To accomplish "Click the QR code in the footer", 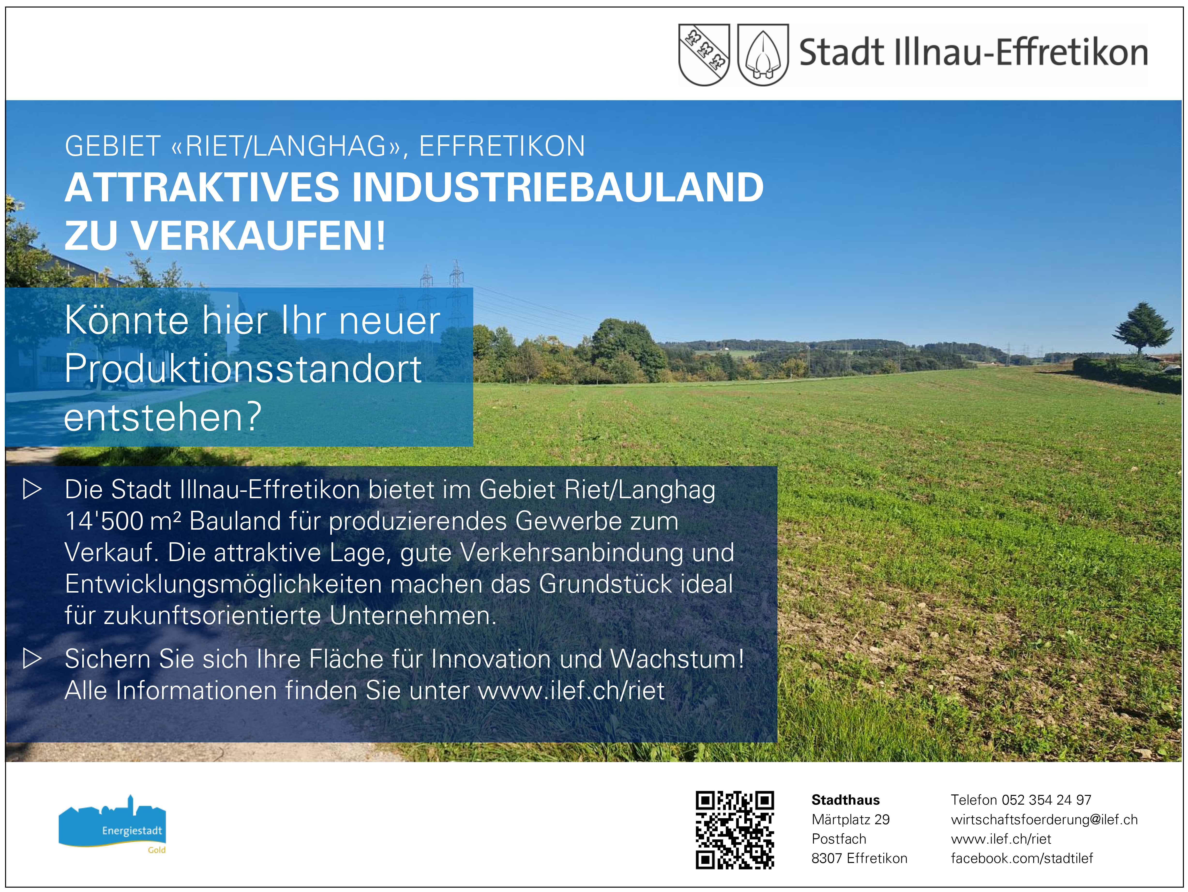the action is tap(735, 830).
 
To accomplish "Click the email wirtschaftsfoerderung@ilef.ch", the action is tap(1044, 819).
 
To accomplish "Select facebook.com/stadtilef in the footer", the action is tap(1022, 858).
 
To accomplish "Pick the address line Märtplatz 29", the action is tap(850, 819).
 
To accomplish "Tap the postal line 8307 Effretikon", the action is tap(859, 858).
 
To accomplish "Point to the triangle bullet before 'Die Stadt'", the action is tap(32, 489).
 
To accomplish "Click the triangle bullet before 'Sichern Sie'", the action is tap(32, 659).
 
